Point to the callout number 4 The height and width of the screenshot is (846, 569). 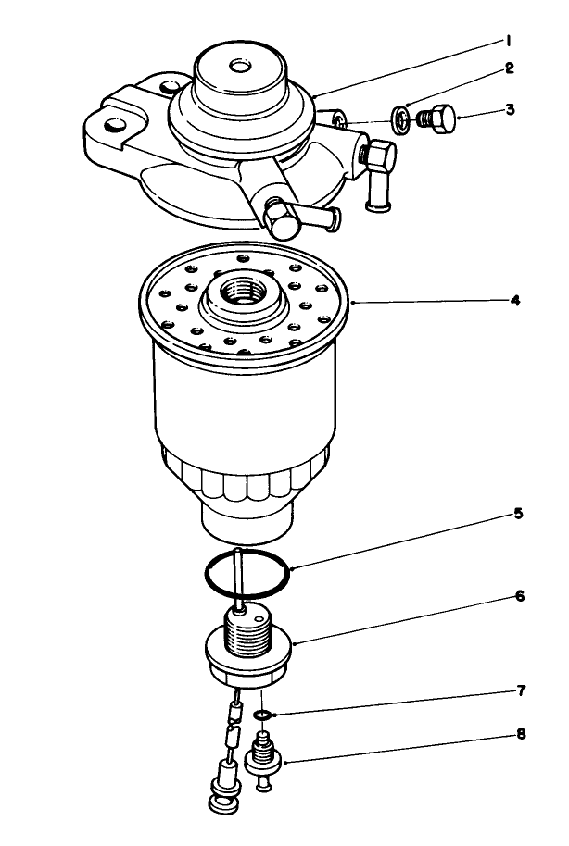pos(514,301)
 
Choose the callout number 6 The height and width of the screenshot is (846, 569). pos(519,596)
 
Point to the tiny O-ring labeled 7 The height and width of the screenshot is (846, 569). pos(263,715)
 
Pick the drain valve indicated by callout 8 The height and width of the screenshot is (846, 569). pos(264,757)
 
